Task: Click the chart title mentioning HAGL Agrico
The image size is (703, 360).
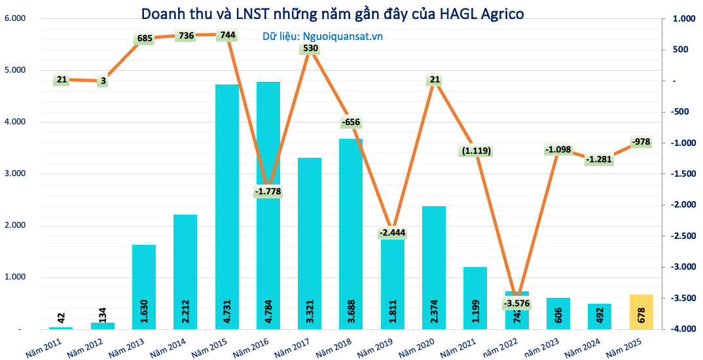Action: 333,14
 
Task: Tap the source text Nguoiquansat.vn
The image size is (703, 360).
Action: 322,37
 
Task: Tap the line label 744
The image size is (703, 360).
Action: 228,35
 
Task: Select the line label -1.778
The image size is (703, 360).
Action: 269,191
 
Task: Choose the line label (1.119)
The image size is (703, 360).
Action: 475,151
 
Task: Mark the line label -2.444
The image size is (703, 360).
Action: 393,233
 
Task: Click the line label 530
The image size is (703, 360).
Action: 310,48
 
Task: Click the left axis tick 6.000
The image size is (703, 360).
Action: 14,18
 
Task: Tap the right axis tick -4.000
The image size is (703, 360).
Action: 680,329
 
